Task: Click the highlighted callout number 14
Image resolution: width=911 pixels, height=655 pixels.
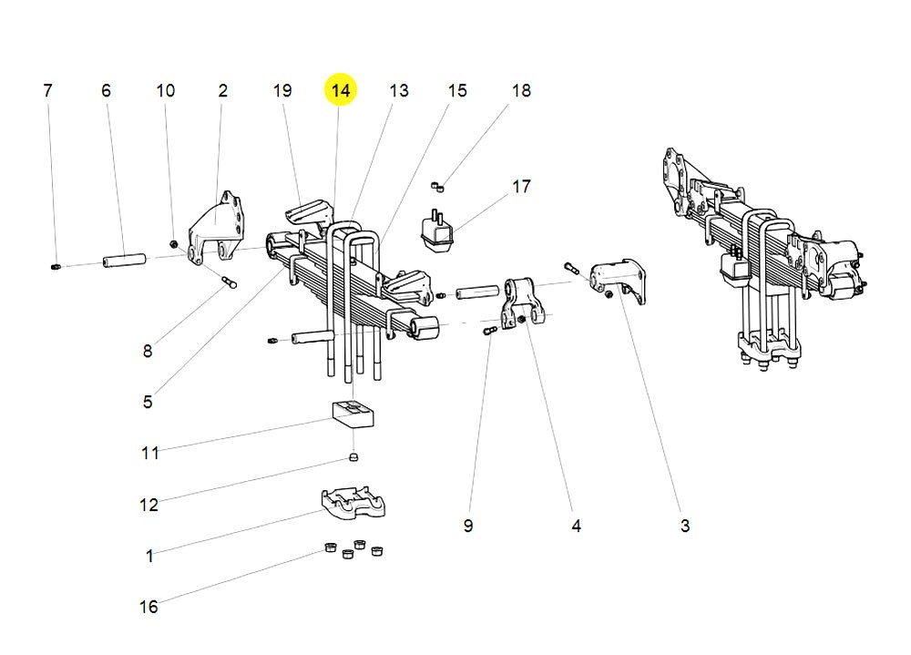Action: point(341,90)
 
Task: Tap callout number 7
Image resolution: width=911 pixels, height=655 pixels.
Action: point(47,90)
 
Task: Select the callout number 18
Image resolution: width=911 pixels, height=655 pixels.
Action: point(520,90)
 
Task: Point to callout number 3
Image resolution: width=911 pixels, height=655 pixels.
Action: point(684,526)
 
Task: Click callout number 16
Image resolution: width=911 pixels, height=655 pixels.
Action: point(148,607)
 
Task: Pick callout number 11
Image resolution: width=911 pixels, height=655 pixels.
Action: point(150,453)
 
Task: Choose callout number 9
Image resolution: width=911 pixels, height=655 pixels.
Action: point(467,526)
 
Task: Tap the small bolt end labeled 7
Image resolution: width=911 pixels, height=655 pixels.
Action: point(55,267)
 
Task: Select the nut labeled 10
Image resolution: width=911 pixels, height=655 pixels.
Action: point(173,244)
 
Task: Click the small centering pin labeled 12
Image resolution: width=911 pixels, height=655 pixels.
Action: point(354,456)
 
